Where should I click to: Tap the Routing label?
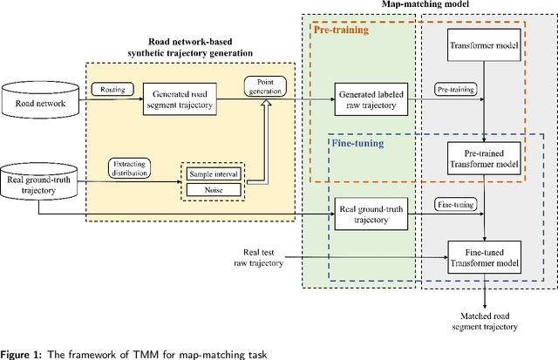pyautogui.click(x=111, y=89)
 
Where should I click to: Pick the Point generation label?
pyautogui.click(x=267, y=85)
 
